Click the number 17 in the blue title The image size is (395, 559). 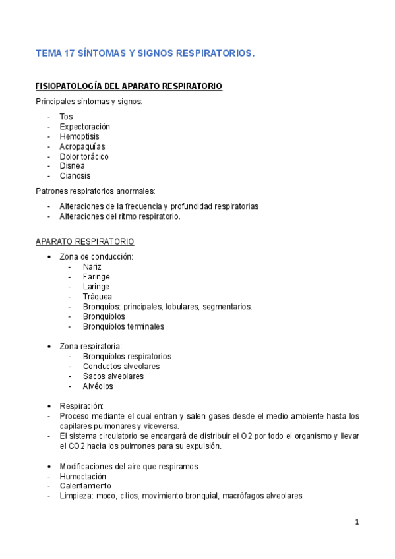click(x=68, y=54)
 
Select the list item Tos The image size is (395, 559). click(x=66, y=117)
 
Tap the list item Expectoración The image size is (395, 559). click(x=84, y=127)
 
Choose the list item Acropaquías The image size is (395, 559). click(x=82, y=146)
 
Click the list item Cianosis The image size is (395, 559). click(x=75, y=176)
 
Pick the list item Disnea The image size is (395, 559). click(x=72, y=166)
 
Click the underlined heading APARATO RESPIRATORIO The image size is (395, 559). click(x=84, y=241)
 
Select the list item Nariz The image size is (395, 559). click(x=92, y=267)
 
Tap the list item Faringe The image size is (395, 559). click(x=96, y=277)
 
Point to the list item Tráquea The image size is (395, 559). click(x=96, y=297)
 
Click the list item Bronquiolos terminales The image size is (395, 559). click(x=123, y=326)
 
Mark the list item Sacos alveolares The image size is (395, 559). click(x=113, y=376)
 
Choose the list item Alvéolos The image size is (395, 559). click(x=98, y=386)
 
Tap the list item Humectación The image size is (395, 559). click(x=82, y=477)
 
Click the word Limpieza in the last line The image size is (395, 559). click(x=75, y=496)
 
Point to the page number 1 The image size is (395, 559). click(x=357, y=523)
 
